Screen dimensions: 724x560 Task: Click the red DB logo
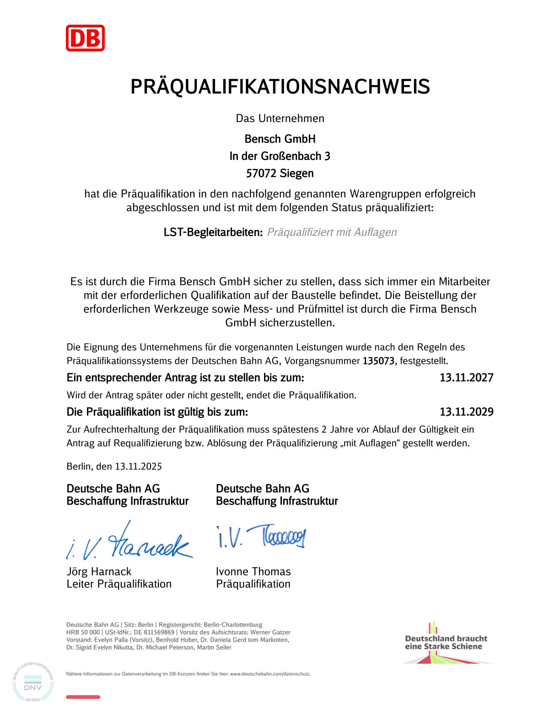click(x=85, y=38)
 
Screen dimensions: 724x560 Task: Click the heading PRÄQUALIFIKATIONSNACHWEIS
click(x=280, y=87)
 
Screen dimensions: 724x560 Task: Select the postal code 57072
click(x=261, y=174)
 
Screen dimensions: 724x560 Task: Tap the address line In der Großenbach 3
click(x=280, y=156)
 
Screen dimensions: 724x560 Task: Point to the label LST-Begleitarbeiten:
click(x=213, y=232)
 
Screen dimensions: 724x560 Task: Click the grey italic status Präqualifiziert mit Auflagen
click(x=332, y=232)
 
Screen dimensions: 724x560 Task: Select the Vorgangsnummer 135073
click(x=378, y=361)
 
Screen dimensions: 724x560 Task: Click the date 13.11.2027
click(x=466, y=378)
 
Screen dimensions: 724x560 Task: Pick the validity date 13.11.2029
click(x=466, y=412)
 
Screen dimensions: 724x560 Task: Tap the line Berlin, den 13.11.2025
click(x=114, y=466)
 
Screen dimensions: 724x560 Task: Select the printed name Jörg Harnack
click(x=99, y=571)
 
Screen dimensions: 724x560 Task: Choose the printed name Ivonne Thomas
click(x=253, y=571)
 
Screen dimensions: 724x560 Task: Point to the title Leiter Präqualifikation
click(x=119, y=584)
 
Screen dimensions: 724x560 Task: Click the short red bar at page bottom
click(x=83, y=697)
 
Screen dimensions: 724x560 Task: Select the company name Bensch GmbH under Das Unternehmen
click(x=280, y=139)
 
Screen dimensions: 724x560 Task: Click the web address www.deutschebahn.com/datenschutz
click(x=269, y=674)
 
